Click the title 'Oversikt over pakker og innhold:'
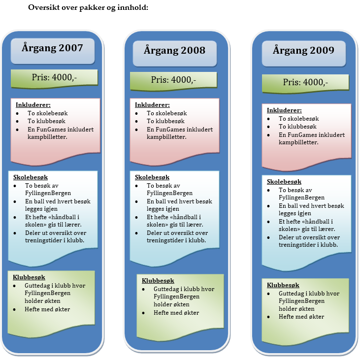pos(88,8)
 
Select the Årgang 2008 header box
pos(174,51)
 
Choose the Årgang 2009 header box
pos(305,51)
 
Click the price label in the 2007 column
pos(54,78)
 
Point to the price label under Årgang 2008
pos(173,80)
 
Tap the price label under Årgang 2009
pos(305,82)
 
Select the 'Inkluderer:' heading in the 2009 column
pos(284,110)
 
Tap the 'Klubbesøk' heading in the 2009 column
pos(283,285)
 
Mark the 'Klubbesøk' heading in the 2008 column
pos(158,281)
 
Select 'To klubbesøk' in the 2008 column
pos(165,121)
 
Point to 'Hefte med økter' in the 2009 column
pos(301,317)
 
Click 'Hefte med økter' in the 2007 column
pos(47,309)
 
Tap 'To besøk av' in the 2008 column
pos(164,186)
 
